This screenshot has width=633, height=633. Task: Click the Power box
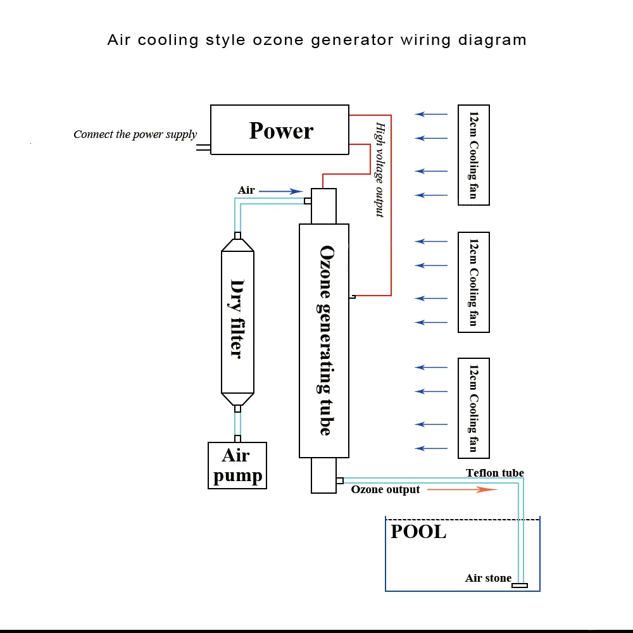pos(279,130)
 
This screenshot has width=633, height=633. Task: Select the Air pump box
pos(237,465)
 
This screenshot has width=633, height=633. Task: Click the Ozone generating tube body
pos(323,341)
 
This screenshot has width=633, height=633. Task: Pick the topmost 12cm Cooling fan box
pos(473,155)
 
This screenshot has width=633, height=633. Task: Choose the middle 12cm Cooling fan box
pos(473,282)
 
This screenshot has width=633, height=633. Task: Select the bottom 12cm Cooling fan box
pos(473,408)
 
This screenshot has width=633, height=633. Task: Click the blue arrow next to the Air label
pos(281,191)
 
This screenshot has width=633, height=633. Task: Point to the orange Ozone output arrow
pos(462,490)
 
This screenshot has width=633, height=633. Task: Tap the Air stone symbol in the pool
pos(520,586)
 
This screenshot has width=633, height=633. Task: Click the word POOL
pos(418,532)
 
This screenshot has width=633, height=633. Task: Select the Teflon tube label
pos(495,473)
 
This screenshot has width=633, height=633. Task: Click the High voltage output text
pos(380,170)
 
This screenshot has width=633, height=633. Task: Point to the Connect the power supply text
pos(135,134)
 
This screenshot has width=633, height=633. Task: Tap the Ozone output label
pos(385,490)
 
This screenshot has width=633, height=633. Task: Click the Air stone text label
pos(488,578)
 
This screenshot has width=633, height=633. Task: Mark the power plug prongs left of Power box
pos(203,147)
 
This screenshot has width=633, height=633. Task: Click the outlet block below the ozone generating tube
pos(323,475)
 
